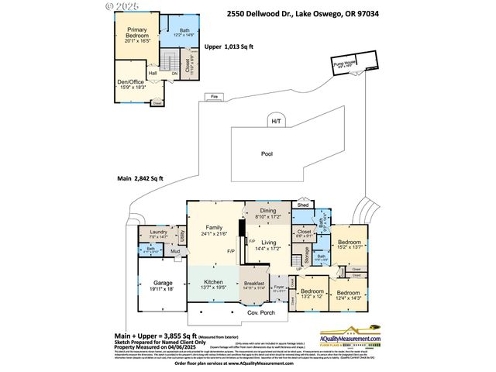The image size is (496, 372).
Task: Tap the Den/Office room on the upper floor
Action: click(x=131, y=83)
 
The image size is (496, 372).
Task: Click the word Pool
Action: click(x=267, y=153)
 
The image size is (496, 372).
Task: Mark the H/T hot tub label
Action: click(x=276, y=122)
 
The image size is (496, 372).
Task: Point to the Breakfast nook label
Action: click(x=254, y=284)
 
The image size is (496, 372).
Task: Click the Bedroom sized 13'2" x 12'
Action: click(x=311, y=294)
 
